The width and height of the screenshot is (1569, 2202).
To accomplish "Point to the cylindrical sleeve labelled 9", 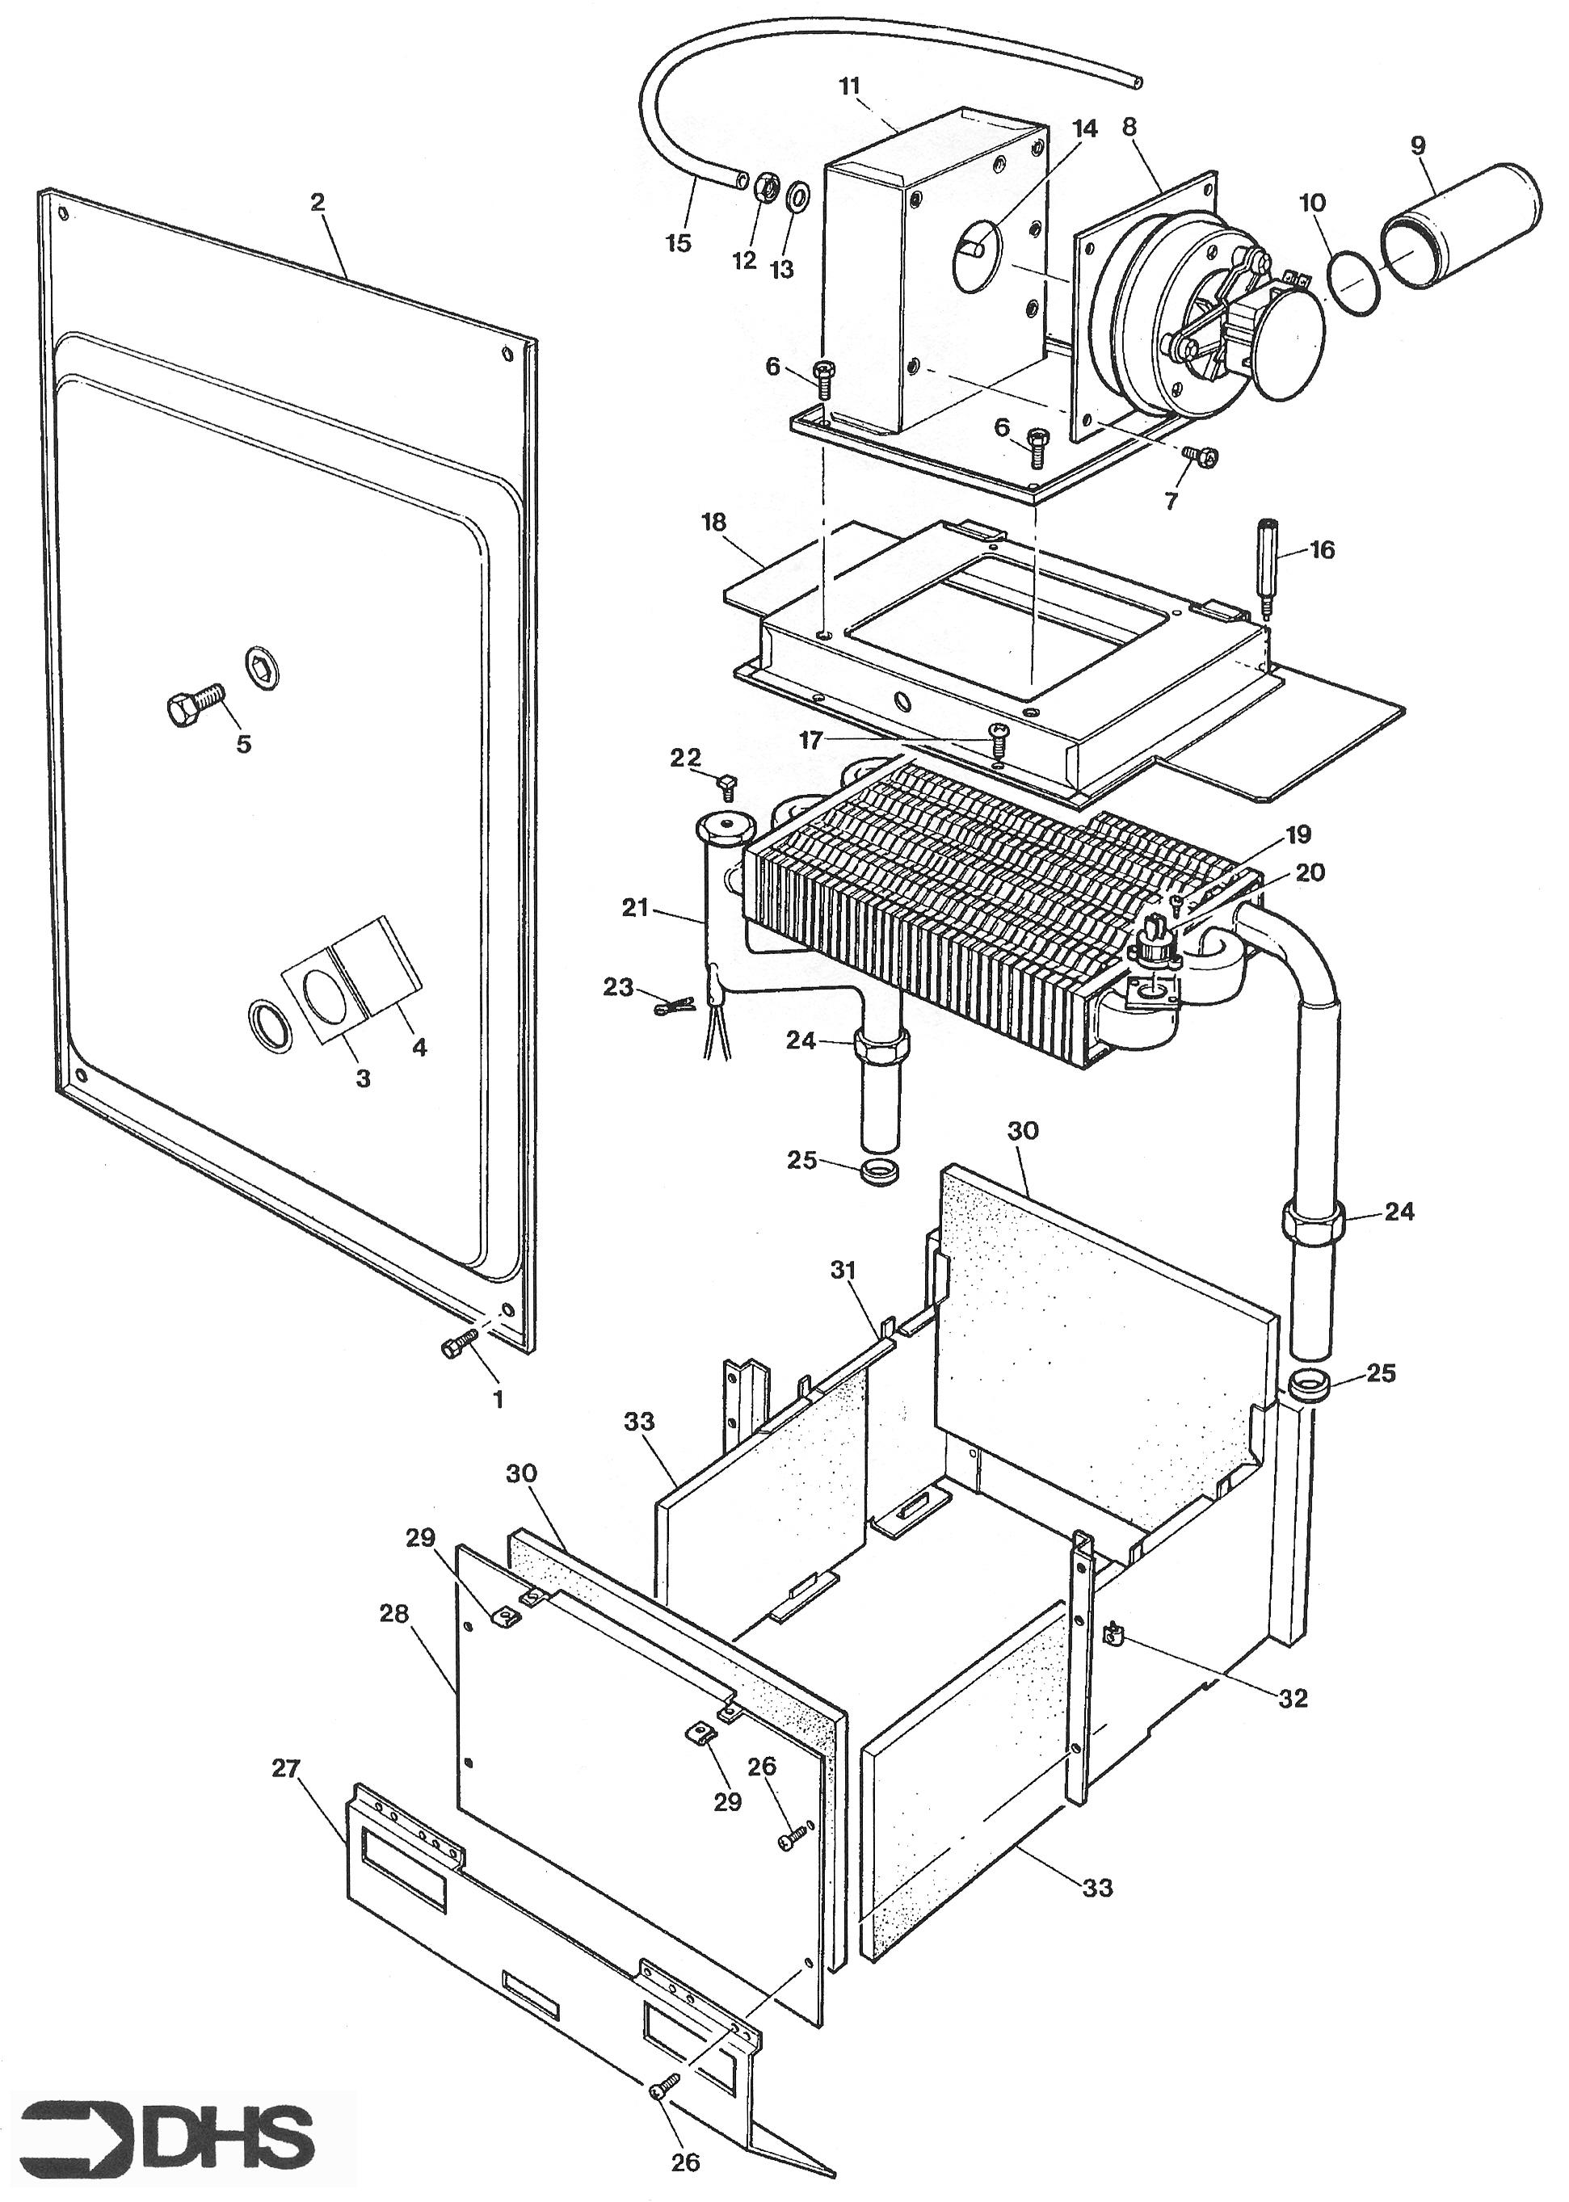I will [x=1461, y=224].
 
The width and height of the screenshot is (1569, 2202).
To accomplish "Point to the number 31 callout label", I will [x=843, y=1271].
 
